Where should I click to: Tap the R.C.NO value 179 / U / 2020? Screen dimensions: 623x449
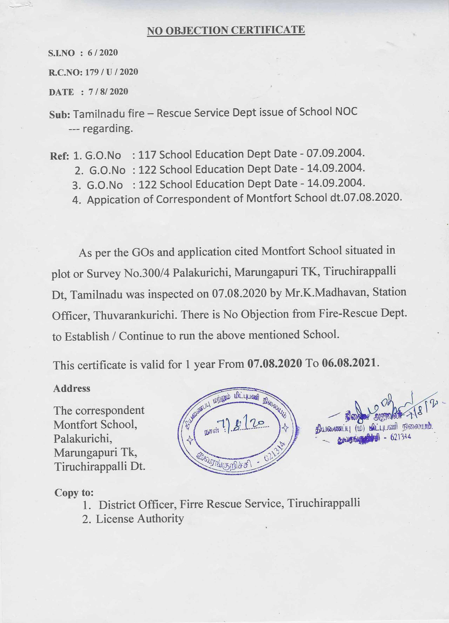(111, 72)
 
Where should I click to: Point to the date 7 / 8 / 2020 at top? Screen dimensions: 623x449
(108, 92)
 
